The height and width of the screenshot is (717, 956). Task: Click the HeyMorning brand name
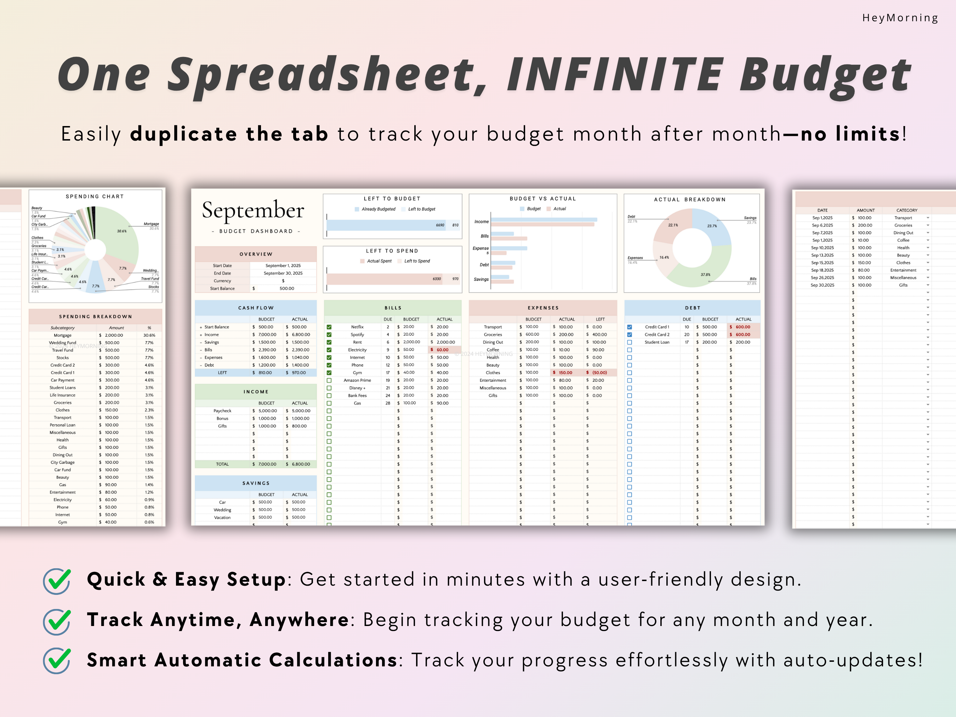(x=900, y=18)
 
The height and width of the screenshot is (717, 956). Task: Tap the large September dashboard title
(x=253, y=210)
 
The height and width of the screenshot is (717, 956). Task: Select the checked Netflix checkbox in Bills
(x=329, y=327)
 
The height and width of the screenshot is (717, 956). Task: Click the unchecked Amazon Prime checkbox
(x=329, y=380)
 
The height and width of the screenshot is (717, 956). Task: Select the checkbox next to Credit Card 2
(x=629, y=335)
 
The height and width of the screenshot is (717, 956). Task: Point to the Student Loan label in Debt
(x=656, y=342)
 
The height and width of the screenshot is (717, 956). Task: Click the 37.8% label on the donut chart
(x=705, y=274)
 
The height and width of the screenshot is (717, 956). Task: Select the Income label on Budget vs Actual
(x=482, y=222)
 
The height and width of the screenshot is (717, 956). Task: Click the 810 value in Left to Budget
(x=455, y=225)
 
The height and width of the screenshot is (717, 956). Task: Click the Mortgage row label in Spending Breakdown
(x=63, y=335)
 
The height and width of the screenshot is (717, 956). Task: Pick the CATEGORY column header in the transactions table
(x=906, y=210)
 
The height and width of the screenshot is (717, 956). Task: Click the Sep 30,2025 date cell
(x=822, y=285)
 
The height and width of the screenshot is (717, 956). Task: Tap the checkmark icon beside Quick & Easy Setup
(x=57, y=581)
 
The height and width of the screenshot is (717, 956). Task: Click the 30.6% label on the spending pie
(x=122, y=231)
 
